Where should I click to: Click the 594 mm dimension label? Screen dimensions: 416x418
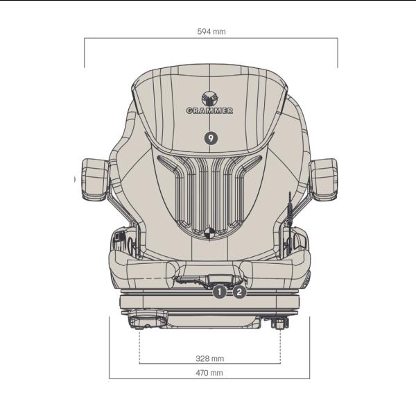pyautogui.click(x=211, y=32)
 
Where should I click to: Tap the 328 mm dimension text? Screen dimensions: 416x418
pyautogui.click(x=209, y=358)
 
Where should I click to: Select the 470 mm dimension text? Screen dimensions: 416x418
pyautogui.click(x=209, y=373)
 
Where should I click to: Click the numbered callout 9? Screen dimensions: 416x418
pyautogui.click(x=211, y=138)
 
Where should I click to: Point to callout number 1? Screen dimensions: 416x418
pyautogui.click(x=219, y=292)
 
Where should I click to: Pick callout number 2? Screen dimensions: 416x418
pyautogui.click(x=239, y=292)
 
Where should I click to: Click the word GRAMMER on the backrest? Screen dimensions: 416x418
pyautogui.click(x=209, y=110)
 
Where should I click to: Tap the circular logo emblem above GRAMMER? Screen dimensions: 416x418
pyautogui.click(x=210, y=99)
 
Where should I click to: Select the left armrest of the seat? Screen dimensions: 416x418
pyautogui.click(x=95, y=179)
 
